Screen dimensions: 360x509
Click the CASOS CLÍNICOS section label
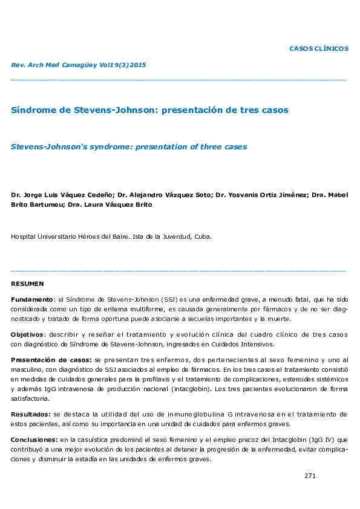coord(319,48)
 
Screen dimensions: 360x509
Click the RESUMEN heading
coord(27,284)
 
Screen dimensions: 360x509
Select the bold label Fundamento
coord(32,299)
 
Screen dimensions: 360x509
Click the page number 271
coord(310,476)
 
